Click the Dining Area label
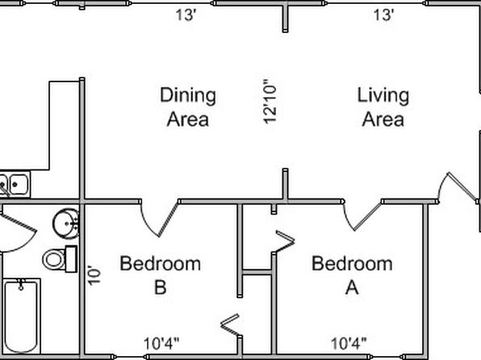(188, 107)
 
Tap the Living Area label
(383, 107)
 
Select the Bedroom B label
(161, 275)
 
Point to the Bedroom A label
(352, 275)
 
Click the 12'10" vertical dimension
(270, 102)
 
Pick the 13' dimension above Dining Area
(186, 15)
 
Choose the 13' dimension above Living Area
(383, 15)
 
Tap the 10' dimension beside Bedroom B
(94, 275)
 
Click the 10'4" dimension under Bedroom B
(161, 343)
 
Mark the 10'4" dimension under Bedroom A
(349, 343)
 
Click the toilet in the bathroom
(60, 259)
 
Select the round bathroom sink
(65, 224)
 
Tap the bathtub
(22, 316)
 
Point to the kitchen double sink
(15, 184)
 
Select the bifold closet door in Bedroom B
(230, 324)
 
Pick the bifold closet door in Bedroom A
(284, 241)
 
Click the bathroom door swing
(19, 233)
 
